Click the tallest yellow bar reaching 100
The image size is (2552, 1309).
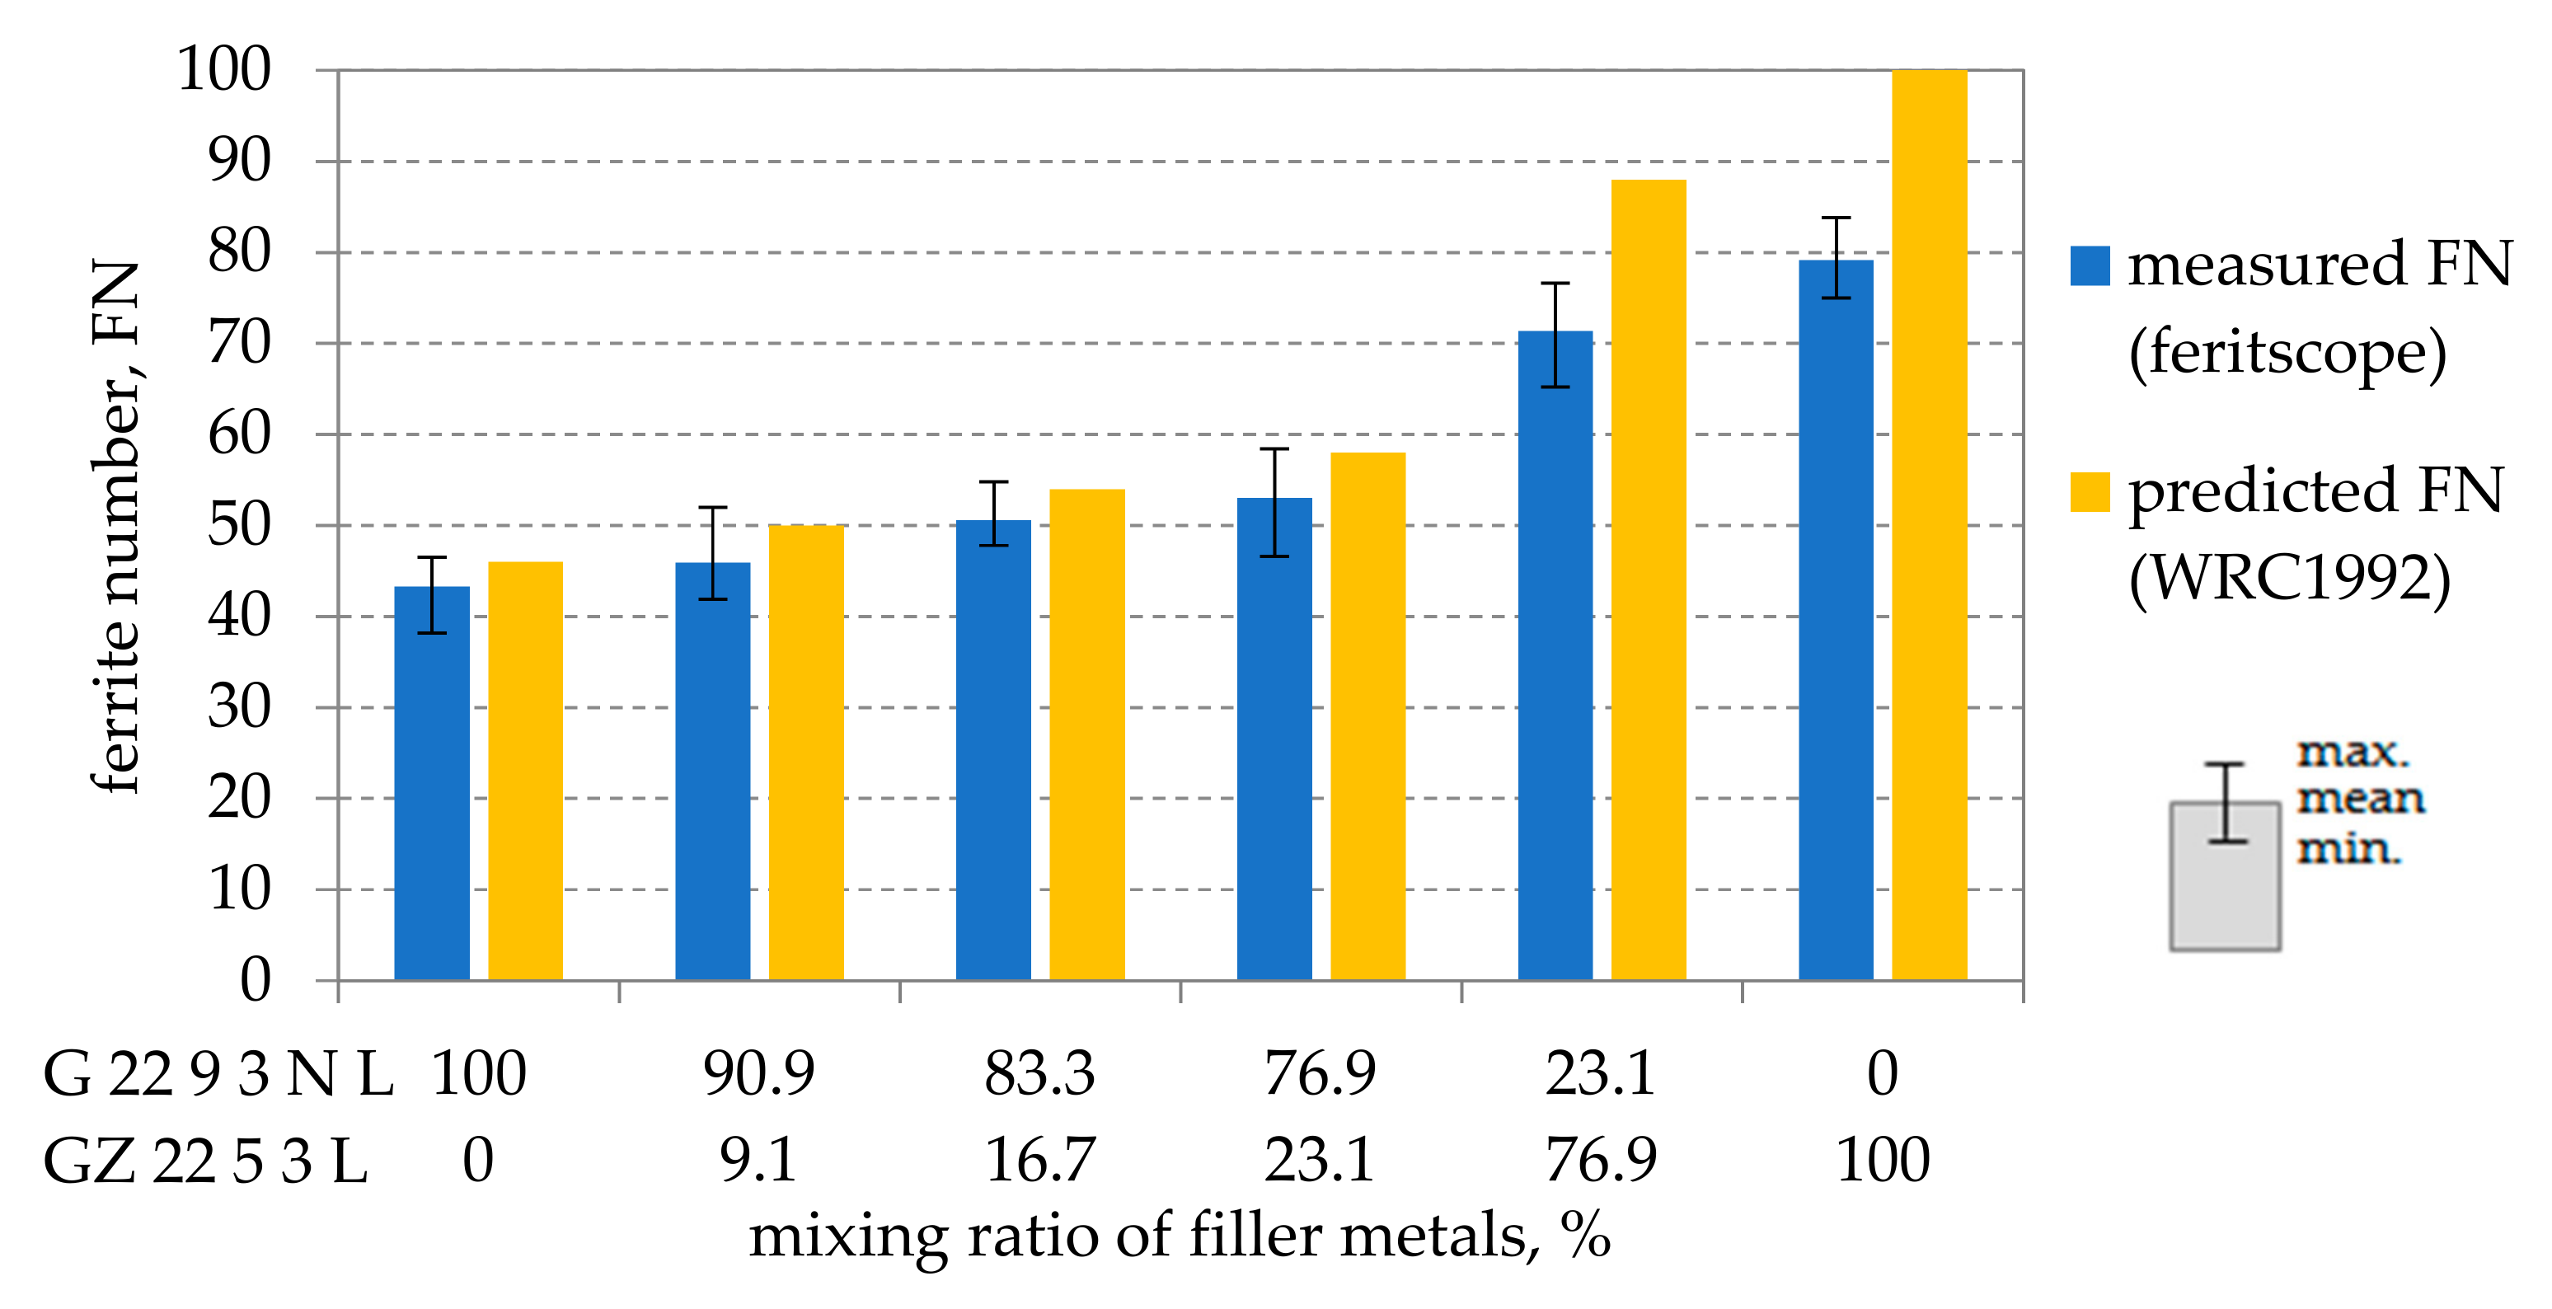(x=1929, y=525)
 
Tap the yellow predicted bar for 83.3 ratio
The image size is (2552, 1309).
(x=1086, y=734)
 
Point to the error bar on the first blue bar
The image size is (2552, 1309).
(x=432, y=594)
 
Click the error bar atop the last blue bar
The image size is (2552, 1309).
(x=1836, y=258)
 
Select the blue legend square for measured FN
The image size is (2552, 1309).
(x=2090, y=265)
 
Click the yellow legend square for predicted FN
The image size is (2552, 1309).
(x=2090, y=492)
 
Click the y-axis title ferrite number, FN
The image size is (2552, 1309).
(x=116, y=525)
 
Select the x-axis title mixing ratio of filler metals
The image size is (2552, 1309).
(x=1179, y=1236)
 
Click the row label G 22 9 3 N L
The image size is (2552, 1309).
(x=218, y=1073)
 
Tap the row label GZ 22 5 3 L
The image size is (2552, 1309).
(x=205, y=1161)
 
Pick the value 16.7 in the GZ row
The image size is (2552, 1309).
(x=1039, y=1161)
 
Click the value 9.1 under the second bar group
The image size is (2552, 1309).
(x=758, y=1161)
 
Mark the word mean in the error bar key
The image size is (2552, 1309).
(x=2361, y=799)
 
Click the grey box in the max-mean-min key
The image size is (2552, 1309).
(x=2225, y=892)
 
